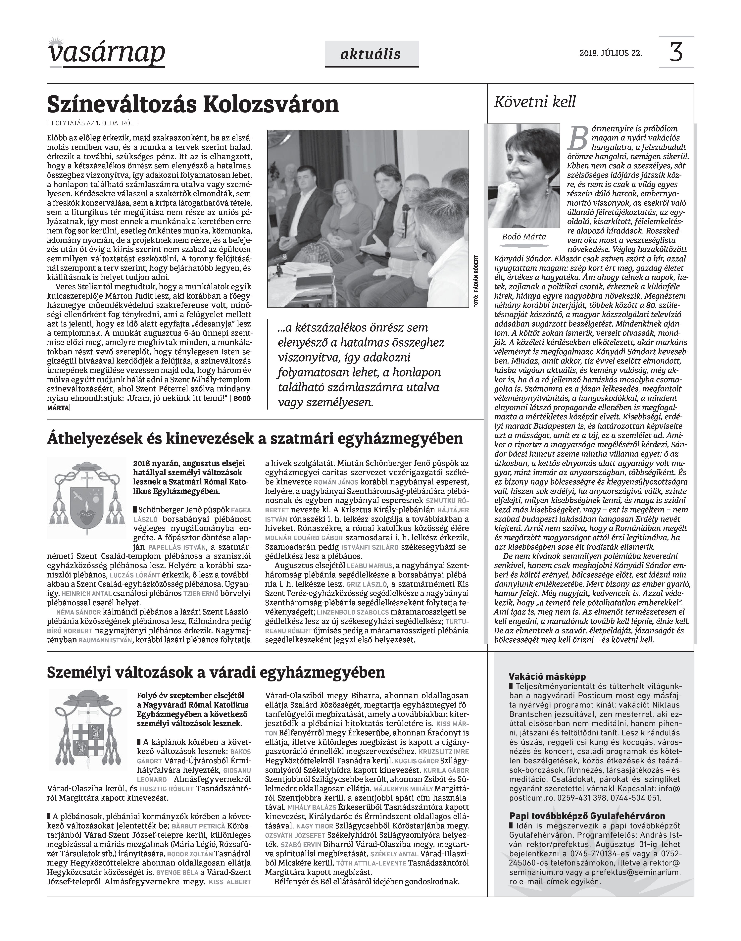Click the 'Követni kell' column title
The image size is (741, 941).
click(535, 102)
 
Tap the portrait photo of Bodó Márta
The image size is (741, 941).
click(524, 176)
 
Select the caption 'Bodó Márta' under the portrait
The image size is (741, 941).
click(524, 237)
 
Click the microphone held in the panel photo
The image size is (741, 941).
click(405, 219)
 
